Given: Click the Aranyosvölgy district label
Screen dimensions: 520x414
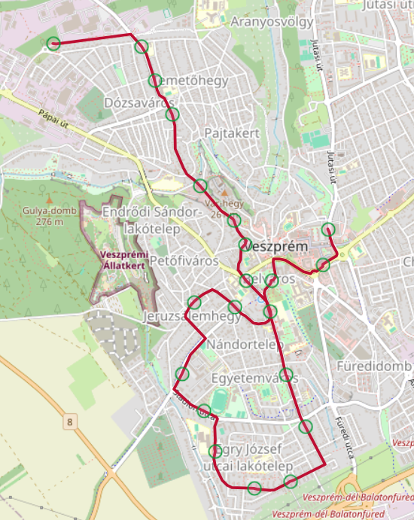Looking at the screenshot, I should tap(272, 22).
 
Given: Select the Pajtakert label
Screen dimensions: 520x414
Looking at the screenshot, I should tap(232, 132).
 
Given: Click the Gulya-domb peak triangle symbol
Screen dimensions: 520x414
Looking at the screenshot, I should tap(49, 201).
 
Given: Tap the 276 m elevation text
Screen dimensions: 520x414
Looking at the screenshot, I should tap(49, 222).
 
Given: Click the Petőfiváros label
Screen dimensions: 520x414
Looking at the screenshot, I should tap(184, 260).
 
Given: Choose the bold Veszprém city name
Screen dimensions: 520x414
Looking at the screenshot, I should tap(279, 247).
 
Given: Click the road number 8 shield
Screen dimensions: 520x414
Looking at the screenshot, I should tap(70, 422).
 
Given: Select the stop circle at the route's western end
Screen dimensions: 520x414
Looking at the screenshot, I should tap(53, 44).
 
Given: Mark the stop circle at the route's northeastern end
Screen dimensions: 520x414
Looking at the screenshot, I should tap(327, 230).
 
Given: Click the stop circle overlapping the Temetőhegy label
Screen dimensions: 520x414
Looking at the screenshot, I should tap(154, 81).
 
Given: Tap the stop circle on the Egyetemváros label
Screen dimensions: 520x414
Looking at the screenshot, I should tap(287, 375).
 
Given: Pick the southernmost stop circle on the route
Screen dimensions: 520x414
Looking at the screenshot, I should tap(254, 488).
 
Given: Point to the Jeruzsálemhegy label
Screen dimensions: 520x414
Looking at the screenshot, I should tap(192, 317).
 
